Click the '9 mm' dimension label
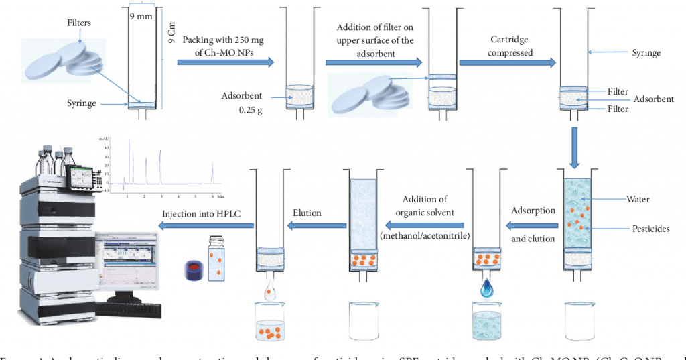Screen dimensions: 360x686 [141, 17]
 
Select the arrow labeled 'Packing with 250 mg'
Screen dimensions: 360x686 [225, 62]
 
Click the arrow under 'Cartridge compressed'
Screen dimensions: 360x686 [507, 62]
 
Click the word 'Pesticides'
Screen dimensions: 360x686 [648, 229]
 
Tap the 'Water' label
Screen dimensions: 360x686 [637, 199]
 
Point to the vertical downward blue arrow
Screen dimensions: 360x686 [575, 148]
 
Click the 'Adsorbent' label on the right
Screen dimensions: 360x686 [653, 99]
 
